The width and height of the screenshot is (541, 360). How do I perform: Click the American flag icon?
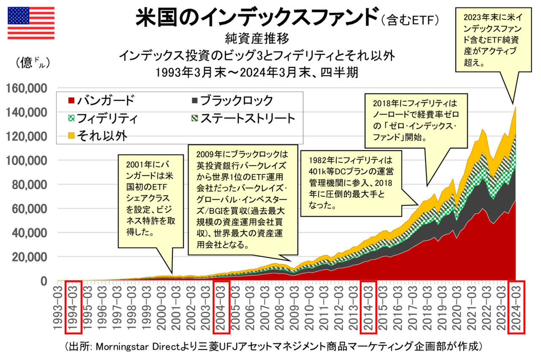31,23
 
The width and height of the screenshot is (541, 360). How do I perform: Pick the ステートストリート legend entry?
243,118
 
